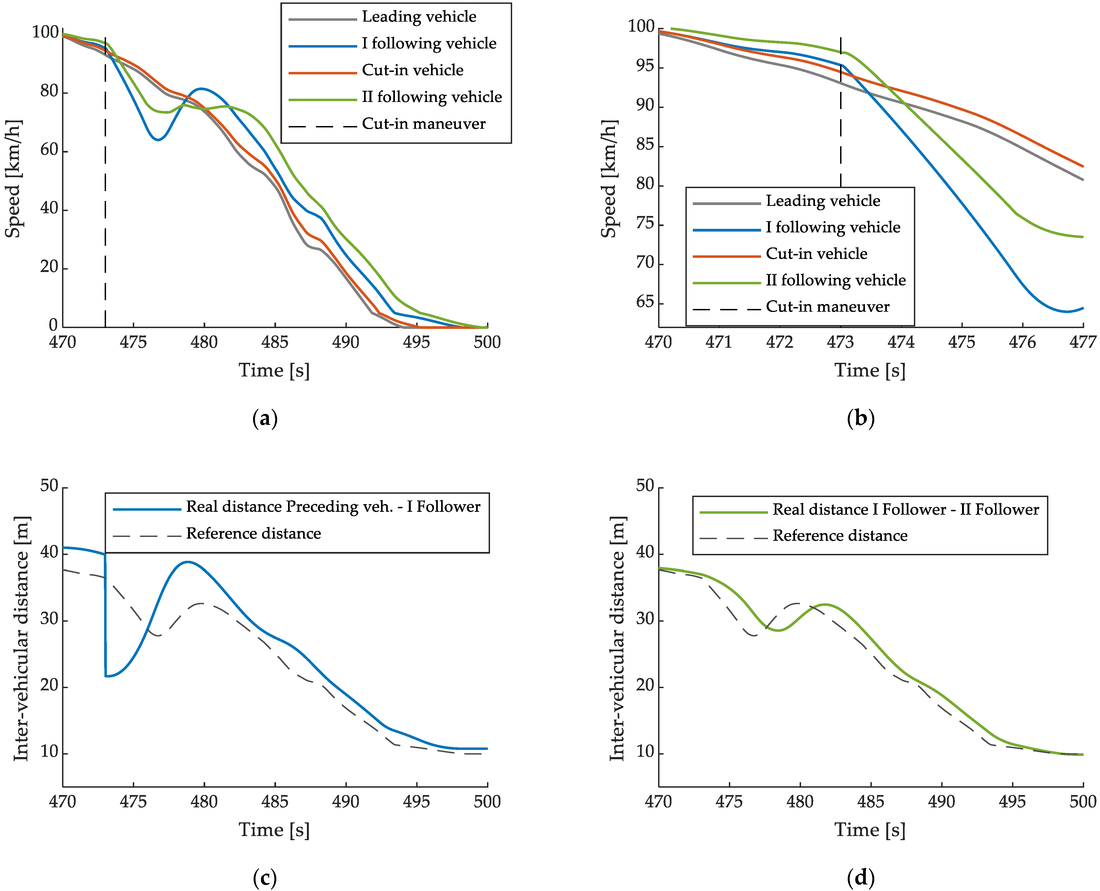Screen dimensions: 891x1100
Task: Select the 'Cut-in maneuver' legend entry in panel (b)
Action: (827, 307)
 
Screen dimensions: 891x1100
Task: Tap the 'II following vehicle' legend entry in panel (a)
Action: (432, 97)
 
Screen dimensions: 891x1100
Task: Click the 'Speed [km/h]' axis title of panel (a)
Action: (13, 179)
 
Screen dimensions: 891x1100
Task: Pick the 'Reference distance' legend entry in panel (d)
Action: (840, 536)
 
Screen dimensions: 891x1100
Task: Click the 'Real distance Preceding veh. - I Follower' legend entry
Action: (333, 507)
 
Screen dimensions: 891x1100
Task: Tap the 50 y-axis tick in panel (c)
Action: (49, 486)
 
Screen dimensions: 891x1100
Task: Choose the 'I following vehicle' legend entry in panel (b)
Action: (833, 227)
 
